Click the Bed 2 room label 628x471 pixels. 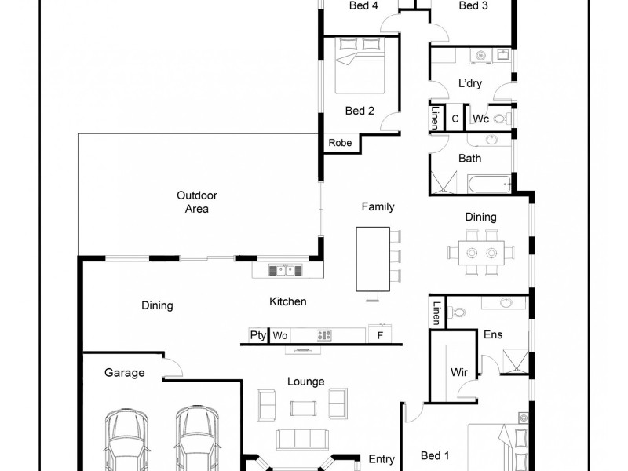click(359, 111)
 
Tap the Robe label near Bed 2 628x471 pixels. click(340, 143)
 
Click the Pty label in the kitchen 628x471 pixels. click(257, 335)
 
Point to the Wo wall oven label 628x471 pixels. click(280, 335)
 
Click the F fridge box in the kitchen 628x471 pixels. click(379, 335)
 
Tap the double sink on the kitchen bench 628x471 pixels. click(283, 271)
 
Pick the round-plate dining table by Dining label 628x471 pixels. click(481, 253)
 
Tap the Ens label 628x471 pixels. click(492, 334)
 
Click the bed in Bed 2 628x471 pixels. click(359, 67)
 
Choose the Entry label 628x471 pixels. click(382, 459)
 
